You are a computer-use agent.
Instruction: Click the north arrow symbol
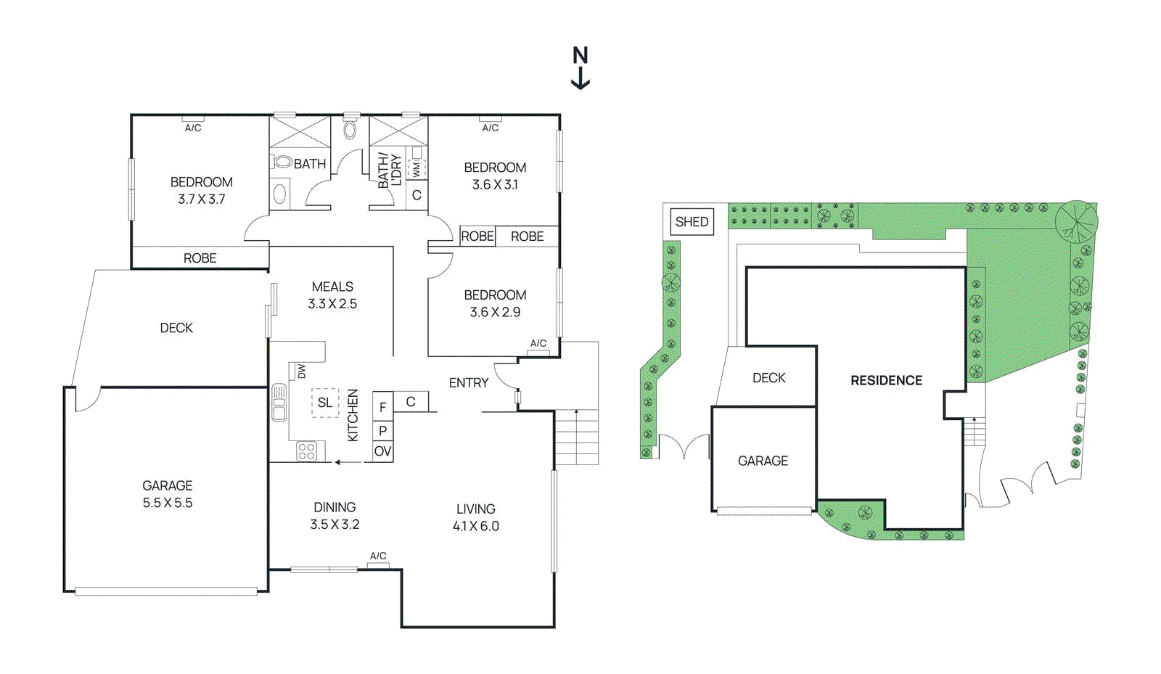click(580, 68)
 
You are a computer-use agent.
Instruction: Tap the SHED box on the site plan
click(692, 222)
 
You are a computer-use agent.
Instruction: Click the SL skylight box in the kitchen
click(325, 403)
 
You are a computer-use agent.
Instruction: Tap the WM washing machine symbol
click(417, 169)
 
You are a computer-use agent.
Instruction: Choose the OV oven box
click(382, 451)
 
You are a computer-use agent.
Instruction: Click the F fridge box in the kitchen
click(382, 407)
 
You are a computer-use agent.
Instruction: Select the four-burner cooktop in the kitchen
click(306, 451)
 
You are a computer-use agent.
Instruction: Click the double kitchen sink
click(279, 402)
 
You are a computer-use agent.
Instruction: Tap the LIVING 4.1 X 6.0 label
click(476, 517)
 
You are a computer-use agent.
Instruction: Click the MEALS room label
click(332, 287)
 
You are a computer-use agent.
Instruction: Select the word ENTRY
click(469, 383)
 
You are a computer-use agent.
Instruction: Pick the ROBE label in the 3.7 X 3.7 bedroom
click(200, 258)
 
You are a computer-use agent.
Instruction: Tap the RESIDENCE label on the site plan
click(886, 381)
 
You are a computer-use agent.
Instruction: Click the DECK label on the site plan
click(769, 378)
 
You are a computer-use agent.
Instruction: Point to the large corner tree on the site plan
click(1077, 222)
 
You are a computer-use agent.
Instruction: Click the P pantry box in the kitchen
click(382, 431)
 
